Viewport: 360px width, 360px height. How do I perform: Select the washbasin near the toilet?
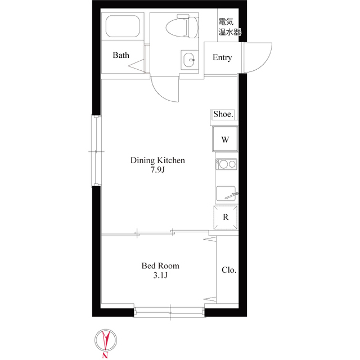pyautogui.click(x=190, y=60)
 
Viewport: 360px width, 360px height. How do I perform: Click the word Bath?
pyautogui.click(x=121, y=55)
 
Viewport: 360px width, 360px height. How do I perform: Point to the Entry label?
pyautogui.click(x=222, y=57)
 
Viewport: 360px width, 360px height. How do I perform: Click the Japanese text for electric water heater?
pyautogui.click(x=229, y=27)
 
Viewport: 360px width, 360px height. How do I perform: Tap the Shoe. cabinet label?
pyautogui.click(x=223, y=114)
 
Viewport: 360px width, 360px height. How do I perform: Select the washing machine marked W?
pyautogui.click(x=225, y=139)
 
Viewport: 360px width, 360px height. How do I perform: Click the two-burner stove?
pyautogui.click(x=226, y=164)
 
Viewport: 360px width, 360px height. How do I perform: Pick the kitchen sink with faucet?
pyautogui.click(x=227, y=193)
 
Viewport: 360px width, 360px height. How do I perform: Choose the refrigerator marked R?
pyautogui.click(x=226, y=217)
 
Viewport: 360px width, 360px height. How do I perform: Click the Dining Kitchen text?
pyautogui.click(x=157, y=160)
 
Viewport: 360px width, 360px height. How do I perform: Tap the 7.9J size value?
pyautogui.click(x=157, y=170)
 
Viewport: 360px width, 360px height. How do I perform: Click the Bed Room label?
pyautogui.click(x=160, y=265)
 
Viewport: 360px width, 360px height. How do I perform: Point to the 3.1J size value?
pyautogui.click(x=160, y=275)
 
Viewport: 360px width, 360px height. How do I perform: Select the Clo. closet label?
pyautogui.click(x=229, y=270)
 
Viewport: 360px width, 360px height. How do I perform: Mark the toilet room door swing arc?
pyautogui.click(x=162, y=95)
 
